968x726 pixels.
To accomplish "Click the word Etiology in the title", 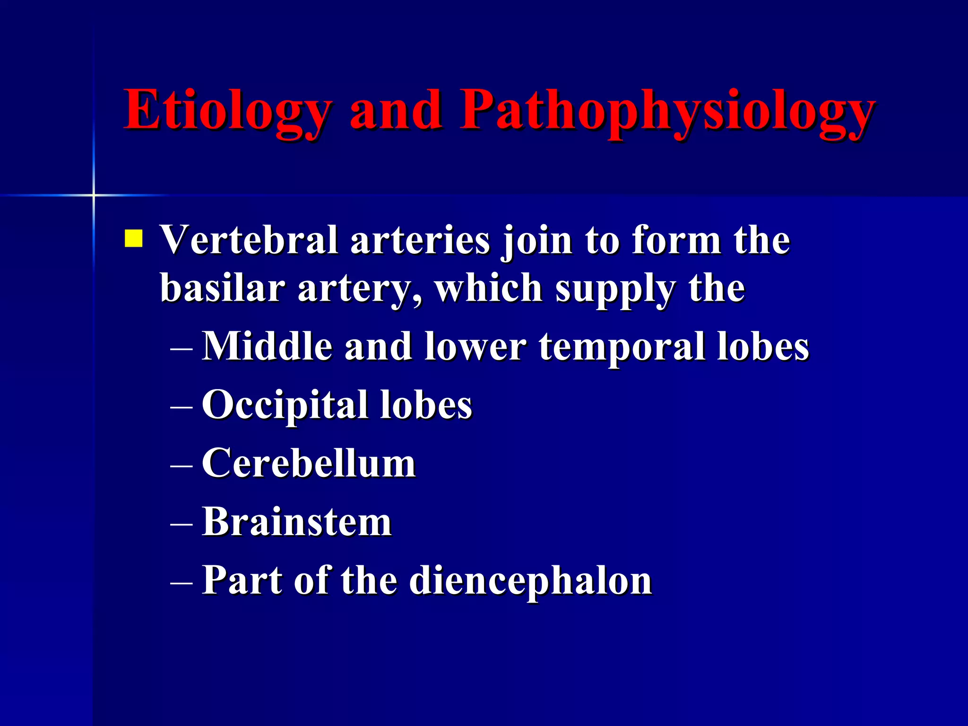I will (227, 111).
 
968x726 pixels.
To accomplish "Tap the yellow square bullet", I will (133, 238).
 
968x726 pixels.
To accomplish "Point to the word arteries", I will (420, 240).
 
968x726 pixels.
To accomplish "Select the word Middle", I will (267, 346).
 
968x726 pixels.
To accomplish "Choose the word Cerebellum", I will (309, 463).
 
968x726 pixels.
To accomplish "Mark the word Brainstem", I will (297, 522).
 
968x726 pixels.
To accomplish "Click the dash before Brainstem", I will (181, 524).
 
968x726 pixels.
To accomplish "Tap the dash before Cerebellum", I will (181, 465).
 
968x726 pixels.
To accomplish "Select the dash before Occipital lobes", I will (181, 406).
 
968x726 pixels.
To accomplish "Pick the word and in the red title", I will (396, 111).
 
